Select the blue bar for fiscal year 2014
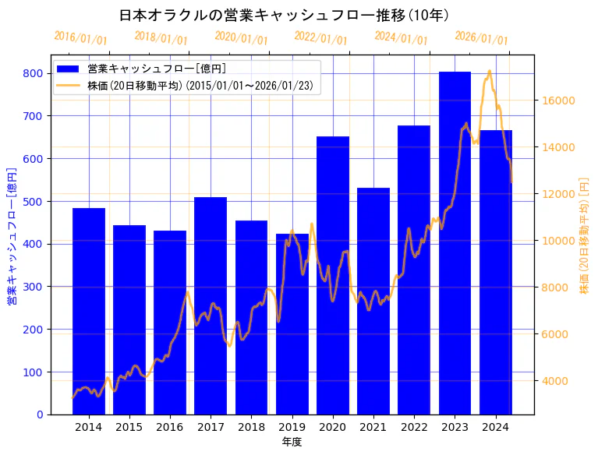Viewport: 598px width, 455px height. [x=88, y=311]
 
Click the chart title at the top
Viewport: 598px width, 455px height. [x=284, y=15]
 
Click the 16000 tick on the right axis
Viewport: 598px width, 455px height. [x=559, y=101]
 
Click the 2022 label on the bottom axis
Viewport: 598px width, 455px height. [x=413, y=427]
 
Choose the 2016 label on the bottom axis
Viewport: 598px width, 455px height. [x=169, y=427]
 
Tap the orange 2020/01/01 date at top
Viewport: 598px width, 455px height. [x=241, y=38]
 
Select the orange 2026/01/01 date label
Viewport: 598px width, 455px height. [x=481, y=38]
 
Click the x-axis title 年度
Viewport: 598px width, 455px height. [x=292, y=442]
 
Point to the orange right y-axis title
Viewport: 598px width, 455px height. [x=584, y=235]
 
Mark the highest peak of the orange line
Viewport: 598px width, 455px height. [x=490, y=71]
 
